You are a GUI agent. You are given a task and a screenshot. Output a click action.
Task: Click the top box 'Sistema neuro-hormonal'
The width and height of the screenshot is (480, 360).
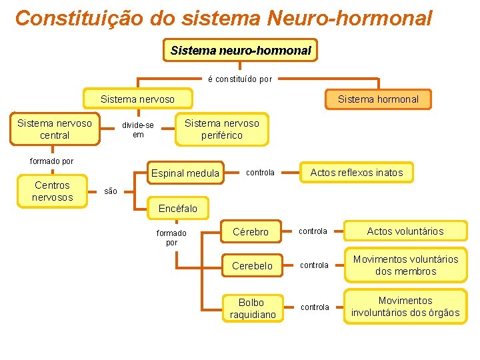(x=241, y=51)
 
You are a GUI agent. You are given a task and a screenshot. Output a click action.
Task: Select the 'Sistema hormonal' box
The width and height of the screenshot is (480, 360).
(x=378, y=99)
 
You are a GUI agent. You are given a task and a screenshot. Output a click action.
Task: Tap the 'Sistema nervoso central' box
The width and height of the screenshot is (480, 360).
(x=55, y=129)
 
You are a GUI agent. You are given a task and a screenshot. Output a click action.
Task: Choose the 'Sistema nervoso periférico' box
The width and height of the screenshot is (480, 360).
(x=221, y=129)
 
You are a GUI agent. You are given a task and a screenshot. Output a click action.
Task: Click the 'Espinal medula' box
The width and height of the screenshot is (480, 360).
(x=185, y=173)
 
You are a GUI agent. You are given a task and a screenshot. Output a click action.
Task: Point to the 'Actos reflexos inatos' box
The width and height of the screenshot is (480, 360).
(x=357, y=173)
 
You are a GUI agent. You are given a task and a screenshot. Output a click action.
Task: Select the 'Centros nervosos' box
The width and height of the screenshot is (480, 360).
(x=52, y=191)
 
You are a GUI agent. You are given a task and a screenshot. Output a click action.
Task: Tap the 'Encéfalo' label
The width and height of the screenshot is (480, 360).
(x=178, y=209)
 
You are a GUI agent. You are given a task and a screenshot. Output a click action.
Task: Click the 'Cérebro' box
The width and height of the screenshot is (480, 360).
(x=251, y=232)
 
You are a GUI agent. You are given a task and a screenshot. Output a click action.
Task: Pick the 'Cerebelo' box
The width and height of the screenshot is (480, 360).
(x=252, y=265)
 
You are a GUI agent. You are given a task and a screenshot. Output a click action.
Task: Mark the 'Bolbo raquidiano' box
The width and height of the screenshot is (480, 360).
(x=252, y=308)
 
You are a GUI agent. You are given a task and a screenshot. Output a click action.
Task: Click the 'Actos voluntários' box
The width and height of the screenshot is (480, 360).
(x=405, y=231)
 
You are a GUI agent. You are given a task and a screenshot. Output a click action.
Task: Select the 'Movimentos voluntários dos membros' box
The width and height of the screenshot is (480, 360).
(x=405, y=265)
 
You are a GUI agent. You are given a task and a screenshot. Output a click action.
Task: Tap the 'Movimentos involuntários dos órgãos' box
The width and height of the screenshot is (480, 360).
(x=405, y=307)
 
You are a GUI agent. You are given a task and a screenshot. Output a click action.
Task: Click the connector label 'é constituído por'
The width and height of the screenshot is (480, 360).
(x=240, y=79)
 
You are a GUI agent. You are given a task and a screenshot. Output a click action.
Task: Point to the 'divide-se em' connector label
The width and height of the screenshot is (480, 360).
(x=137, y=130)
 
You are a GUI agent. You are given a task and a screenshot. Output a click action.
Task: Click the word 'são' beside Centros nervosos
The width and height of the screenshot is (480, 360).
(x=111, y=192)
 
